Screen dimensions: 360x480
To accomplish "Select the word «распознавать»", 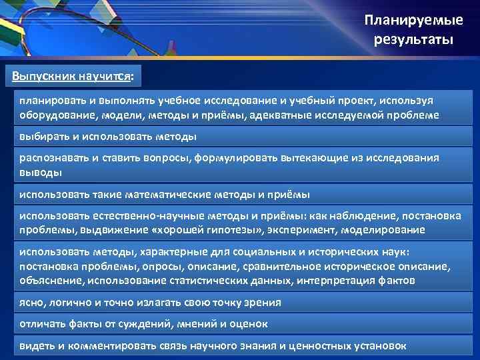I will pos(54,158).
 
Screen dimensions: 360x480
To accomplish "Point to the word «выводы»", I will pos(40,172).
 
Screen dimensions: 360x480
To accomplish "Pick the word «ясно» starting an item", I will pos(31,302).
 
